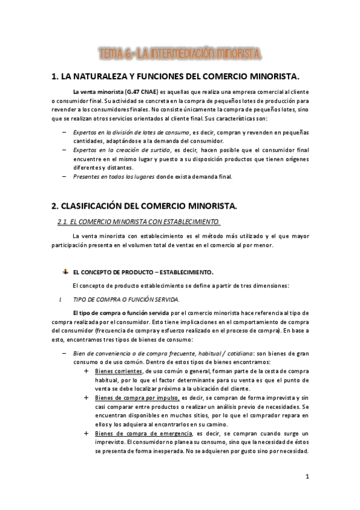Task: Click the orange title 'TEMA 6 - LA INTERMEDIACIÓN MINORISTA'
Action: click(180, 55)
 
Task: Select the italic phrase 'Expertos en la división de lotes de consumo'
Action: click(135, 132)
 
